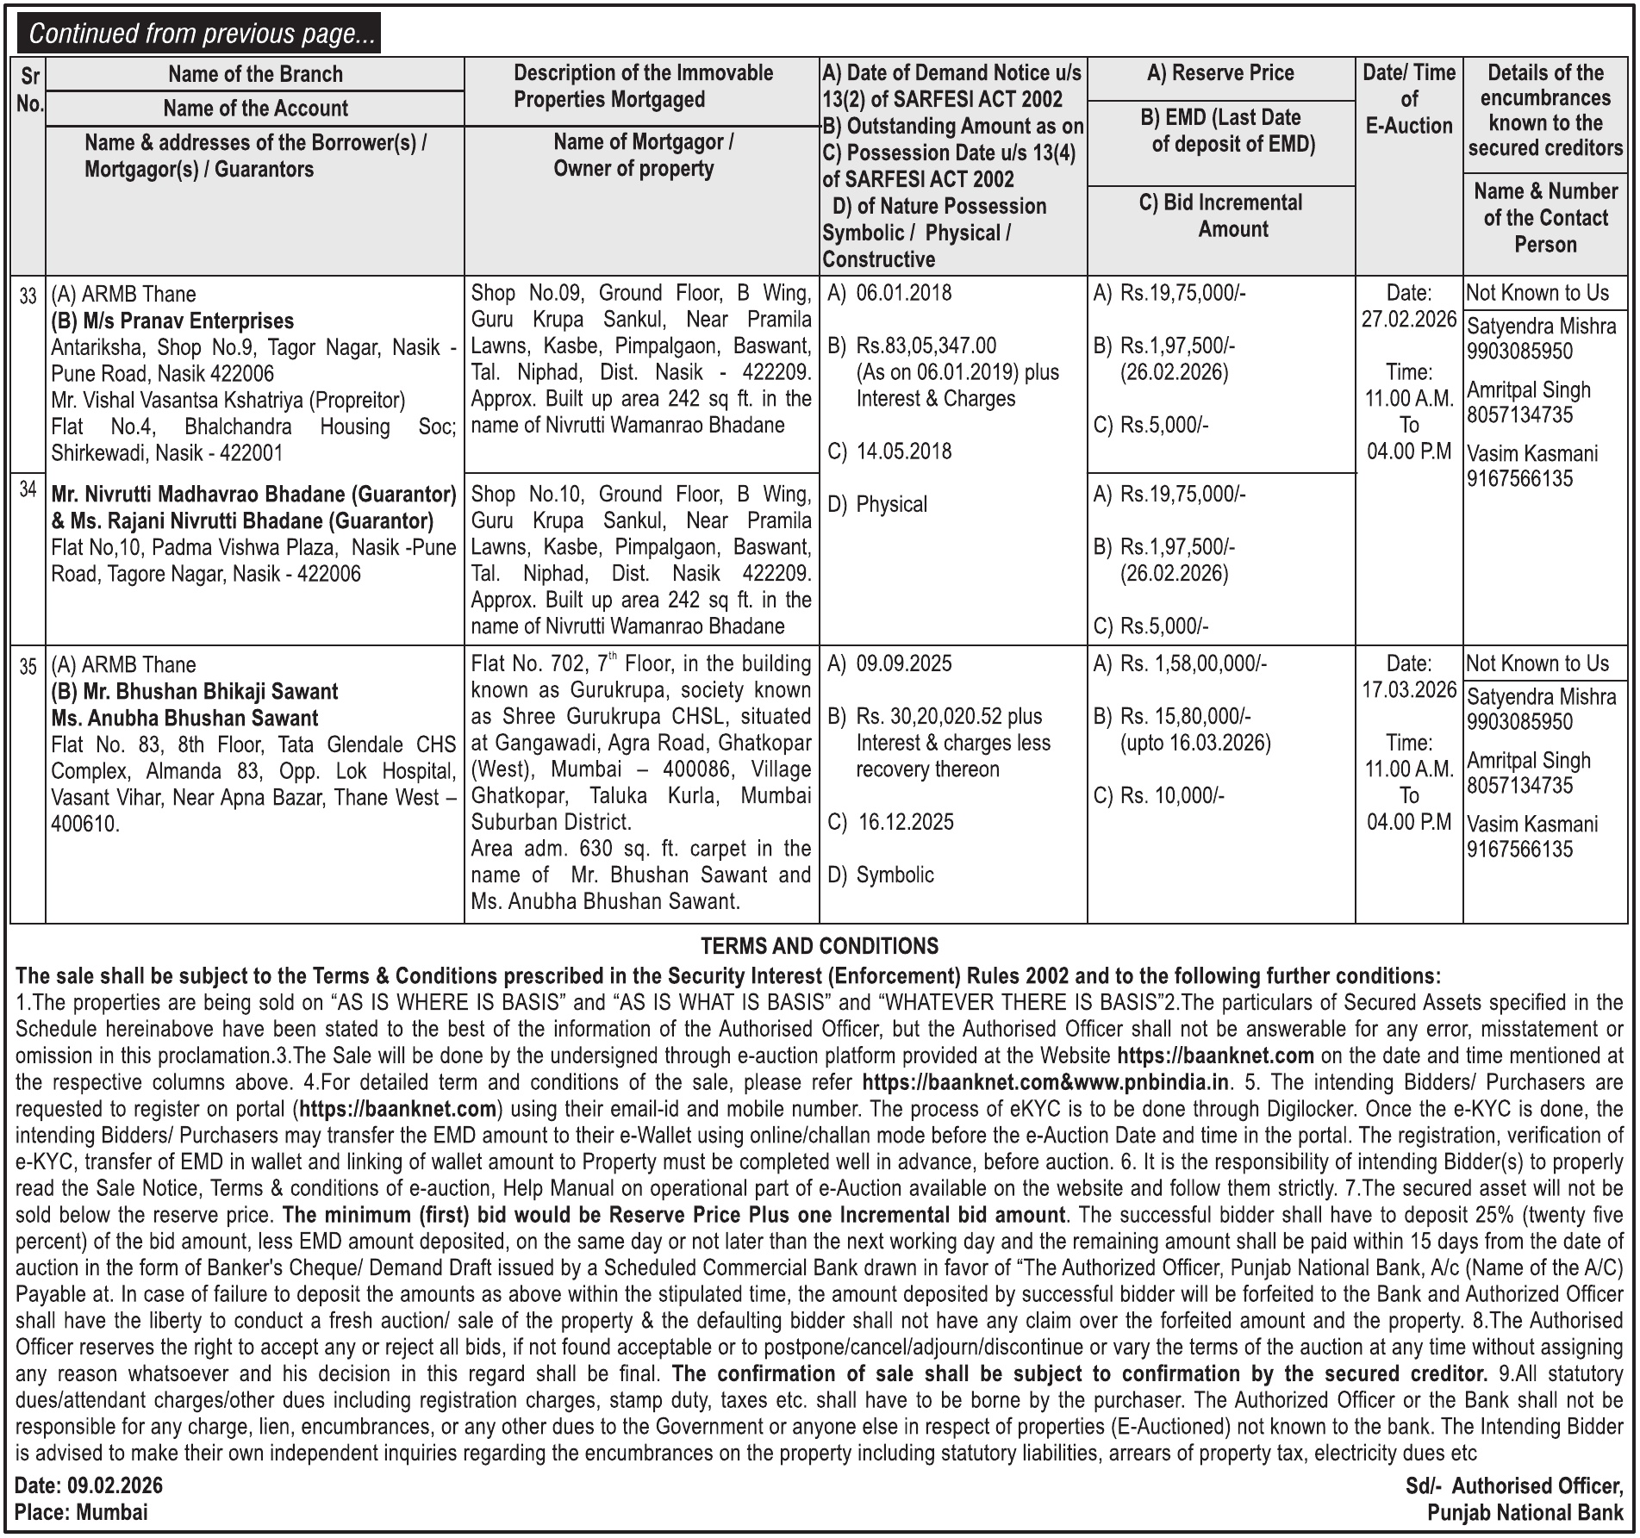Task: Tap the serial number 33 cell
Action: [x=28, y=296]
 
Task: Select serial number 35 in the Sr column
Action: [x=28, y=667]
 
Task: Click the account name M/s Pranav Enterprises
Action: [x=172, y=321]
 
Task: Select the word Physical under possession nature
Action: [x=891, y=504]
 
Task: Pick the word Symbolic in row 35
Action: [x=895, y=875]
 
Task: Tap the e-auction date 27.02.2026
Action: [x=1408, y=320]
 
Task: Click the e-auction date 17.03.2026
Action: [x=1408, y=690]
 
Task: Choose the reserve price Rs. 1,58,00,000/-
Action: [x=1193, y=664]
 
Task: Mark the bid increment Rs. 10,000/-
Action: [x=1171, y=796]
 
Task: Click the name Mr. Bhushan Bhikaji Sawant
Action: [x=195, y=692]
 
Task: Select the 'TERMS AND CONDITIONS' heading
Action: [x=819, y=946]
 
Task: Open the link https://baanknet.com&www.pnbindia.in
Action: [x=1046, y=1083]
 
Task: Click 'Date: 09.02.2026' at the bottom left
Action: [x=89, y=1485]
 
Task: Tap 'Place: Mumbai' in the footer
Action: [x=81, y=1512]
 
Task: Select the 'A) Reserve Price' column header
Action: [x=1219, y=73]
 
